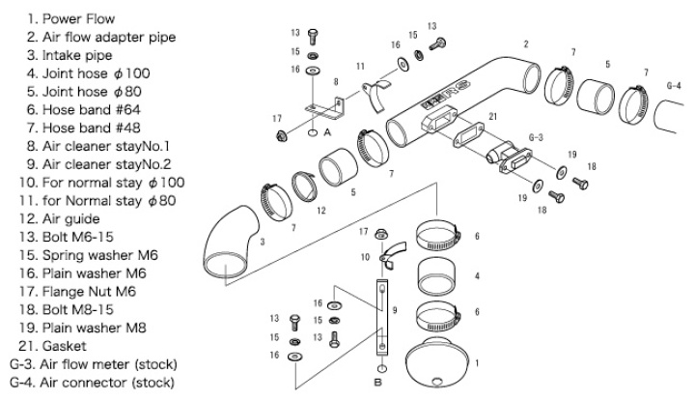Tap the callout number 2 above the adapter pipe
tap(526, 43)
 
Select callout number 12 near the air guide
tap(320, 210)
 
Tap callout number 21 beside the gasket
tap(493, 116)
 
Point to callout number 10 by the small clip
tap(367, 258)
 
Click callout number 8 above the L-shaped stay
tap(335, 82)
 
